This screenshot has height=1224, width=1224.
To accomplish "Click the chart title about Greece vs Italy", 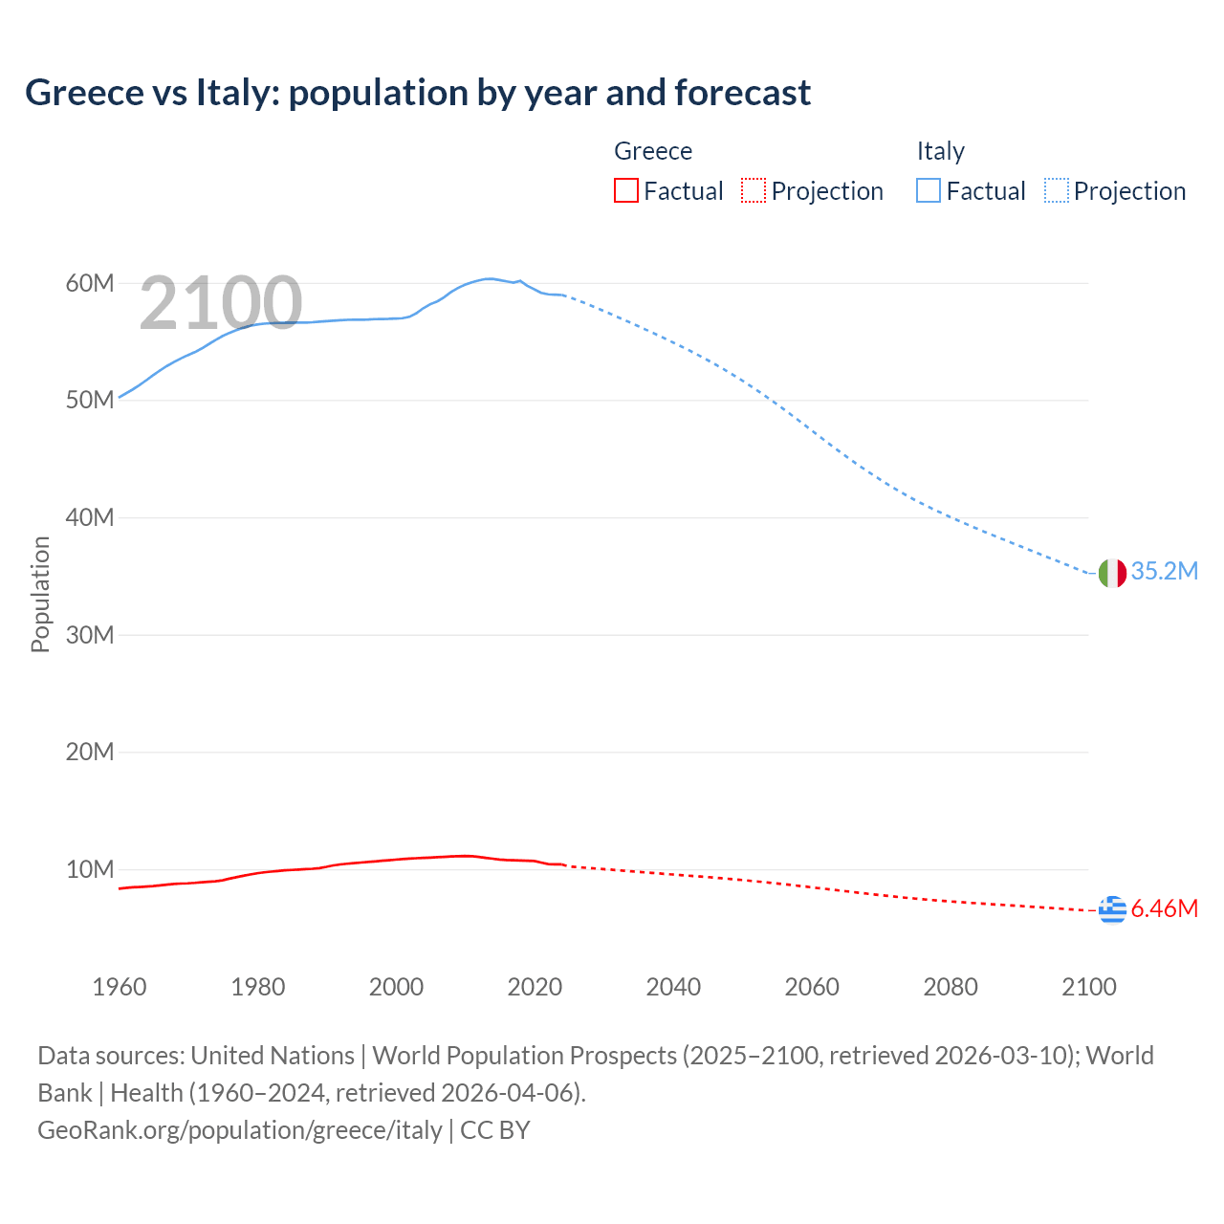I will pos(418,93).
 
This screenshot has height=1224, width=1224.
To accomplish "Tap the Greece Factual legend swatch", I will pos(625,191).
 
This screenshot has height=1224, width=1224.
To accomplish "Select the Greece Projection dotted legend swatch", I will pos(754,191).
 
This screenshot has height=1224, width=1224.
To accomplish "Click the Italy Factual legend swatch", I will pos(928,191).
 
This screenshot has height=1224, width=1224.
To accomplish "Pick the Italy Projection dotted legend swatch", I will pos(1056,191).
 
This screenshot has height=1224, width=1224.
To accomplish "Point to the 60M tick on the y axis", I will pos(90,283).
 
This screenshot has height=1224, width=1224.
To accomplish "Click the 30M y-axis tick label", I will pos(90,635).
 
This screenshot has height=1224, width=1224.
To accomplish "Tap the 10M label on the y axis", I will pos(90,869).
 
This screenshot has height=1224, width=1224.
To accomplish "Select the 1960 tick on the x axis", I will pos(120,987).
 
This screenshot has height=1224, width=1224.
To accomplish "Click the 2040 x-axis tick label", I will pos(673,987).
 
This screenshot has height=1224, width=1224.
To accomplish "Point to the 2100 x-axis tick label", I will pos(1088,987).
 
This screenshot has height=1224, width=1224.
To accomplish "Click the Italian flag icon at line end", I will pos(1112,573).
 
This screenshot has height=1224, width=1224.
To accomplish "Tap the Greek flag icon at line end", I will pos(1112,909).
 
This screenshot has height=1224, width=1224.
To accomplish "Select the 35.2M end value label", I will pos(1164,571).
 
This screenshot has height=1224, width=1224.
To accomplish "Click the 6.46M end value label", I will pos(1164,908).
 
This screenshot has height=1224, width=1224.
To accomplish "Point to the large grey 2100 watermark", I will pos(221,303).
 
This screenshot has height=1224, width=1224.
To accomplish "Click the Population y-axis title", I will pos(40,594).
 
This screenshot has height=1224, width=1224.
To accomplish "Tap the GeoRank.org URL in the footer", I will pos(239,1129).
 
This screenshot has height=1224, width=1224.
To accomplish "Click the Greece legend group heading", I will pos(652,151).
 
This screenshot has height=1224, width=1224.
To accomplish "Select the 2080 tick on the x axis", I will pos(950,987).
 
